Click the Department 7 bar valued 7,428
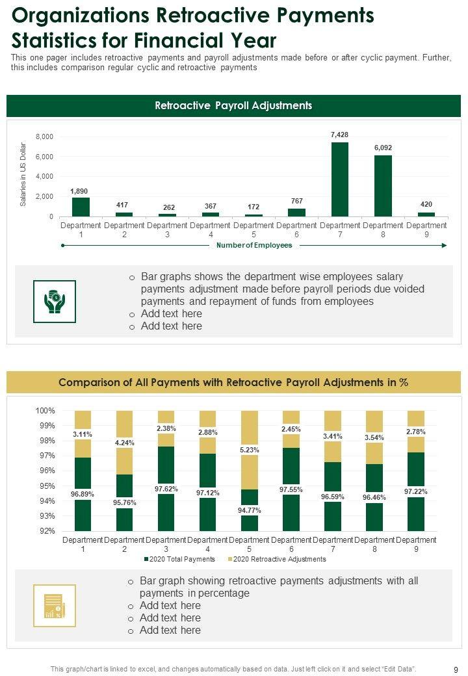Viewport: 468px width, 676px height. pos(340,179)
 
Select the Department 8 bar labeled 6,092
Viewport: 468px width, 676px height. pos(383,185)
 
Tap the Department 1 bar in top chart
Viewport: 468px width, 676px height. pos(81,207)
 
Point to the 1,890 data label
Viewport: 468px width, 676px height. pos(79,191)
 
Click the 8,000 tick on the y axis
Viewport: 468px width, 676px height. pos(44,137)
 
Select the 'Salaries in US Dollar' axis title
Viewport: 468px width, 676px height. pos(23,174)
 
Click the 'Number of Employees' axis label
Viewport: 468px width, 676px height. pos(254,246)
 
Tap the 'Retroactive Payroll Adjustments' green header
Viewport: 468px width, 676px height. pos(233,106)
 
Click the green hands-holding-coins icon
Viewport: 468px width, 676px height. pos(55,302)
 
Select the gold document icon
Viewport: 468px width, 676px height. pos(55,606)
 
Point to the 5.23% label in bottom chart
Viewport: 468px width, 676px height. pos(250,448)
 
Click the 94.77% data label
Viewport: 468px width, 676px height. pos(250,510)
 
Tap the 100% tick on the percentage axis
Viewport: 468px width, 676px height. pos(45,411)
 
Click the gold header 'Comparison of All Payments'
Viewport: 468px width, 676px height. pos(233,383)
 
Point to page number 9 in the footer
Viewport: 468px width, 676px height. pos(455,669)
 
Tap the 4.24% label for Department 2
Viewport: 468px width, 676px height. pos(125,443)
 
